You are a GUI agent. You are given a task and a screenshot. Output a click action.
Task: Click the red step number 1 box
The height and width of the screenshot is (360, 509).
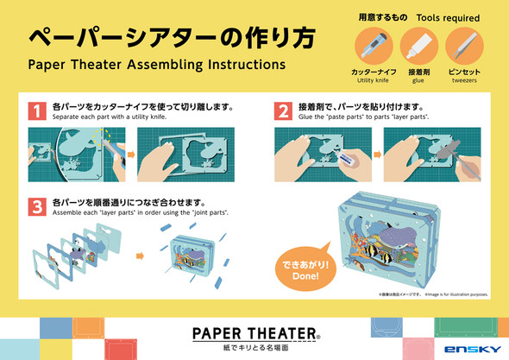pyautogui.click(x=35, y=111)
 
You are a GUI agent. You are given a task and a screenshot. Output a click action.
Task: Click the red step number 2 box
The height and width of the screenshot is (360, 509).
pyautogui.click(x=282, y=111)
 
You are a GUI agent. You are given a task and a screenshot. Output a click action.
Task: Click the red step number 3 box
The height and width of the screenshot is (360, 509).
pyautogui.click(x=35, y=206)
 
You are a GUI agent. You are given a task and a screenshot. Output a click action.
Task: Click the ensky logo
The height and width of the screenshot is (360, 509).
pyautogui.click(x=469, y=348)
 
